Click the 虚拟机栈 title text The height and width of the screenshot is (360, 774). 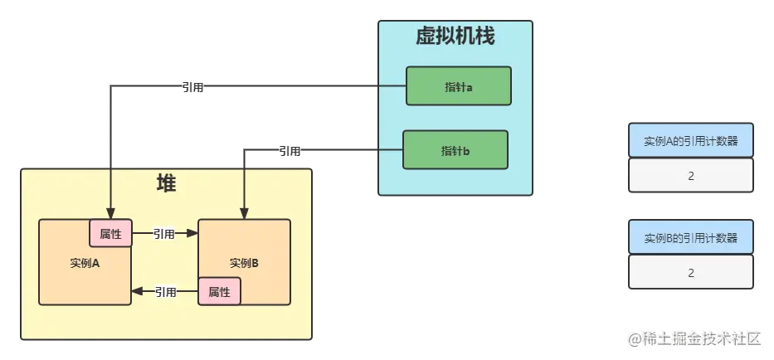coord(455,37)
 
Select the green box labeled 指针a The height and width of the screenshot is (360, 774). coord(458,86)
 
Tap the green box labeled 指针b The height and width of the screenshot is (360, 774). coord(455,150)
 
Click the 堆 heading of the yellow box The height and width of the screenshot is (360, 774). coord(166,184)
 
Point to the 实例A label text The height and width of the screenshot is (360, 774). coord(85,263)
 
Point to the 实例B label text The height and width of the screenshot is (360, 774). coord(244,263)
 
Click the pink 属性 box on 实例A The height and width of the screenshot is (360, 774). coord(110,234)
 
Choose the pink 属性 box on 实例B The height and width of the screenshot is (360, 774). coord(219,292)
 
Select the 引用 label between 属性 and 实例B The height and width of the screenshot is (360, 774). coord(164,234)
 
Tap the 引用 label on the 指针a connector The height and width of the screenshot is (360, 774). coord(192,86)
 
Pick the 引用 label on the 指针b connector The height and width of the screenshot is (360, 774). coord(291,151)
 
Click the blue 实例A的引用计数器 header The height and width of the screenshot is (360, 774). coord(691,140)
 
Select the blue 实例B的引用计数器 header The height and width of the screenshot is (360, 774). coord(691,238)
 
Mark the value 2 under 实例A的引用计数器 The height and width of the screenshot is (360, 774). coord(691,176)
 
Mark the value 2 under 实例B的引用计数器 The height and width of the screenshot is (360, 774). coord(691,273)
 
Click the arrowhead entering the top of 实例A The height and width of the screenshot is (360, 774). coord(110,213)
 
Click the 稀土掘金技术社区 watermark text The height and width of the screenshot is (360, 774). coord(695,338)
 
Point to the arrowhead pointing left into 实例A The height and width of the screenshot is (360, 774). coord(138,292)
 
